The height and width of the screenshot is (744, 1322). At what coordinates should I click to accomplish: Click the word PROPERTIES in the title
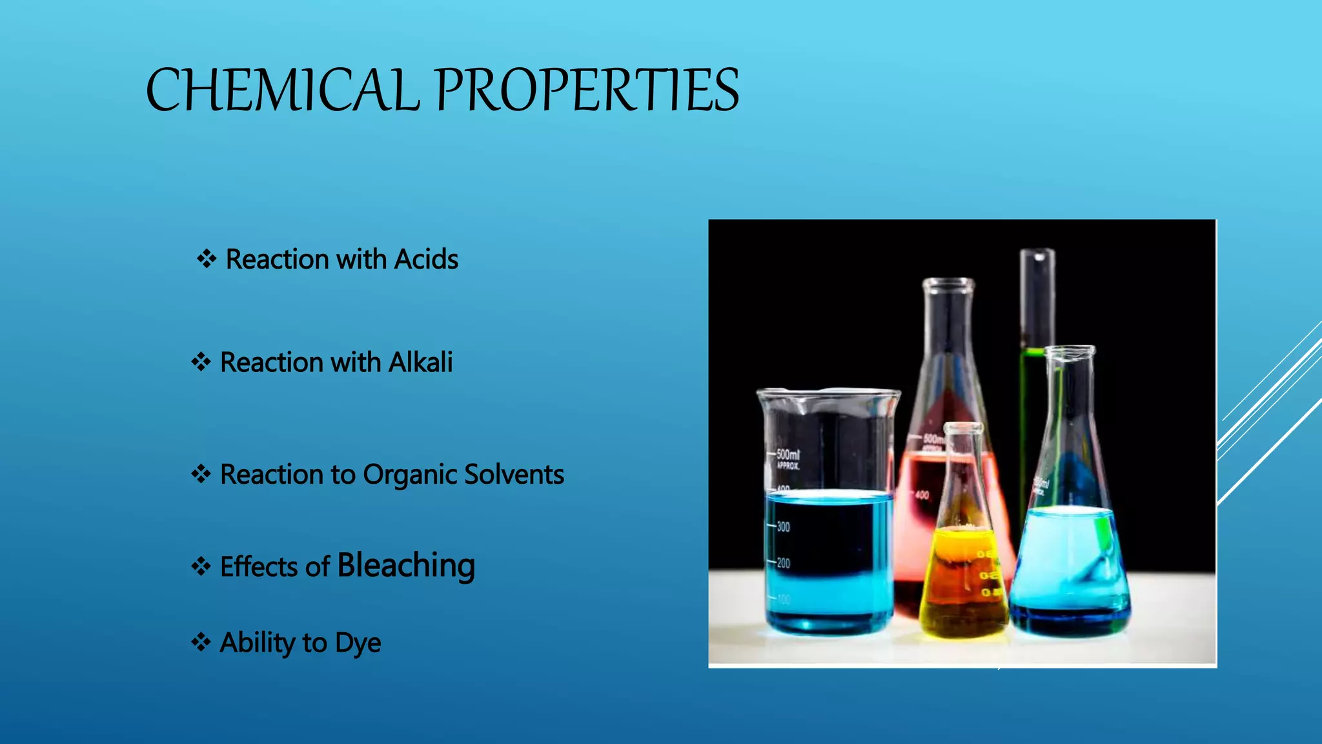pos(587,90)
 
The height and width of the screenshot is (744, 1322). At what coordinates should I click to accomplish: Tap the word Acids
pos(426,260)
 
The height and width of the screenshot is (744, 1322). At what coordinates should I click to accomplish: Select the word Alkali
pos(420,362)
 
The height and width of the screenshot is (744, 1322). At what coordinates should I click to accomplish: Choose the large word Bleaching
pos(406,566)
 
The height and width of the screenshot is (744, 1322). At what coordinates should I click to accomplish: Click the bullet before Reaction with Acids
pos(207,260)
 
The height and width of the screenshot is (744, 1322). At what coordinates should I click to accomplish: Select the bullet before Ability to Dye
pos(201,643)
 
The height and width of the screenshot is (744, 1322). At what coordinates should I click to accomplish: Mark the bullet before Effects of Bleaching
pos(201,567)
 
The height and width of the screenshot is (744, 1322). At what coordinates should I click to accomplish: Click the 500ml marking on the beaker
pos(788,455)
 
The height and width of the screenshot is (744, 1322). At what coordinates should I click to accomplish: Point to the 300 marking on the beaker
pos(783,527)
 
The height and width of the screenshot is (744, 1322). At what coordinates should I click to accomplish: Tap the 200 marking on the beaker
pos(783,563)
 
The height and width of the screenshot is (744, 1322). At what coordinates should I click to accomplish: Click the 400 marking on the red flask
pos(922,495)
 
